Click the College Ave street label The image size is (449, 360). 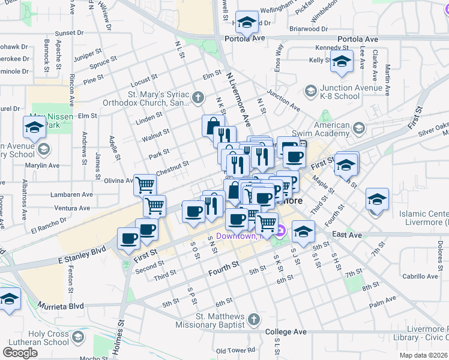click(x=286, y=332)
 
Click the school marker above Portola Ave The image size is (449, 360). click(x=246, y=23)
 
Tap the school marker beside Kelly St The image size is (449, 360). click(x=342, y=61)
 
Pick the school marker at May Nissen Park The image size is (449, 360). click(x=34, y=126)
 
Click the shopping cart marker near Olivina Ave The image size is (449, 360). click(x=145, y=184)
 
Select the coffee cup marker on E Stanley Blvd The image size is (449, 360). click(x=128, y=238)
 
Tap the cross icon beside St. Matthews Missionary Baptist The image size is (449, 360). click(x=253, y=320)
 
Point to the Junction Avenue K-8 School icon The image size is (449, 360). click(x=311, y=91)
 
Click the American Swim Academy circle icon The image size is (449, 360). click(x=359, y=128)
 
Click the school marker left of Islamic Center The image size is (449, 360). click(x=377, y=198)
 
